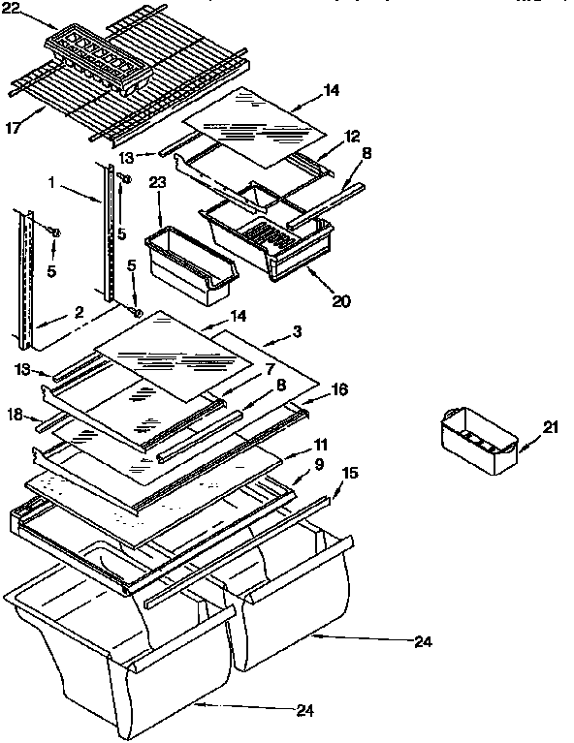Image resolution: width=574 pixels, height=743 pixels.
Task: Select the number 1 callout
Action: click(x=51, y=180)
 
